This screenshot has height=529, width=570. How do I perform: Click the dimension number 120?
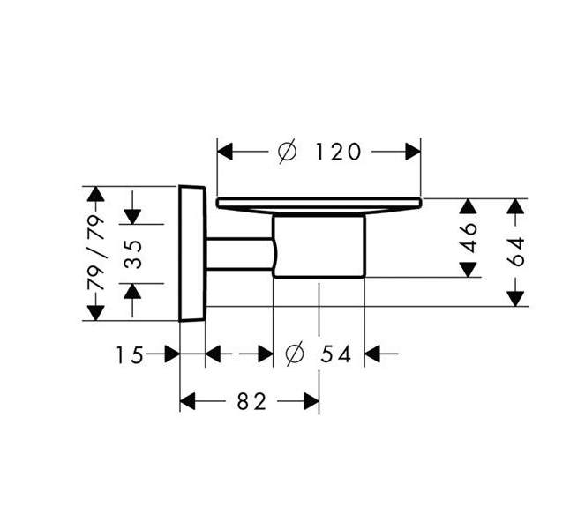click(x=338, y=152)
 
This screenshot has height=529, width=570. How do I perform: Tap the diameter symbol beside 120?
click(x=287, y=152)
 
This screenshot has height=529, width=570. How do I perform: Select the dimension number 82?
click(x=252, y=402)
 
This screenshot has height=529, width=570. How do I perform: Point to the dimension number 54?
click(x=336, y=354)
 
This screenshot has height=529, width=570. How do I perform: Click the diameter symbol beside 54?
click(x=294, y=354)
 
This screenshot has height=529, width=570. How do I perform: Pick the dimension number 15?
click(x=130, y=355)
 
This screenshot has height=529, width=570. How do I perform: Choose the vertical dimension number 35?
click(x=133, y=254)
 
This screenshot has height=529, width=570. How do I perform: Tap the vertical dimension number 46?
click(x=469, y=238)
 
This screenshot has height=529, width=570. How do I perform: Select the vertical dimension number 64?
click(x=516, y=251)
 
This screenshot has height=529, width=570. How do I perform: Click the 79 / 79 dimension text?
click(x=96, y=252)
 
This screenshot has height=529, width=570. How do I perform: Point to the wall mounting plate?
click(x=192, y=254)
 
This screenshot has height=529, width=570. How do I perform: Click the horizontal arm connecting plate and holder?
click(x=240, y=254)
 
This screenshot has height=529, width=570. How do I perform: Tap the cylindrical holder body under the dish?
click(x=319, y=246)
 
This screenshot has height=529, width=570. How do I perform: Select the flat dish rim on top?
click(x=319, y=203)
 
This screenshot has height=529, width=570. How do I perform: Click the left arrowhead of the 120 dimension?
click(x=225, y=152)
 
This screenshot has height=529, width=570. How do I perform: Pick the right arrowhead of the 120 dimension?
click(x=413, y=152)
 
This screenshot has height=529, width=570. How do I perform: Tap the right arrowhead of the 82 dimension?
click(x=311, y=401)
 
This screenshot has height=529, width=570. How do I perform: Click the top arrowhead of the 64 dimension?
click(x=516, y=206)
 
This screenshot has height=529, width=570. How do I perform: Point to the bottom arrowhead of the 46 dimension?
click(x=468, y=270)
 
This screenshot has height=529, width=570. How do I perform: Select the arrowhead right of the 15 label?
click(x=172, y=354)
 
